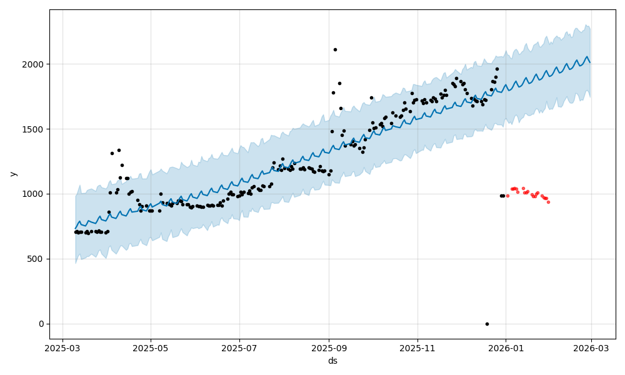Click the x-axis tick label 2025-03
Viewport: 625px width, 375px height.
pos(62,348)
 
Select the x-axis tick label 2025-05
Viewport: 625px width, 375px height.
pos(151,348)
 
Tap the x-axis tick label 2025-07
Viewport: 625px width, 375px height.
pos(239,348)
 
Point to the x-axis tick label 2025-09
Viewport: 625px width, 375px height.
pos(329,348)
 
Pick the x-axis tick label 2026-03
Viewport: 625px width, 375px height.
pos(591,348)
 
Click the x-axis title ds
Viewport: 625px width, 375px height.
pos(332,361)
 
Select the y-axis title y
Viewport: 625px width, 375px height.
pos(13,174)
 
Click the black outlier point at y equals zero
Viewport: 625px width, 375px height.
pos(487,324)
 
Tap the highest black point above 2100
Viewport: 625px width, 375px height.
pos(335,49)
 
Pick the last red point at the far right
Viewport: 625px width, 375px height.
pos(548,202)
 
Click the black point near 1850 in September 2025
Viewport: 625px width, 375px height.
pos(339,83)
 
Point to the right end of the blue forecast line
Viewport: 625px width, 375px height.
pos(590,62)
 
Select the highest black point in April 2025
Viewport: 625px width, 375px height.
pos(119,150)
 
